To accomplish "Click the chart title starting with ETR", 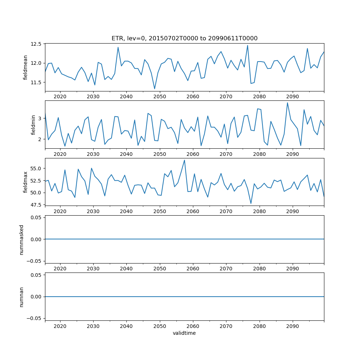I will coord(184,39).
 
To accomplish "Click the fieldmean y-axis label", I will coord(26,67).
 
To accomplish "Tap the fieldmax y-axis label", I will coord(26,182).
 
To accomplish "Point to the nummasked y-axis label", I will coord(22,239).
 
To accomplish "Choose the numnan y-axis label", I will coord(22,297).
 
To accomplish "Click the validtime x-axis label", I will coord(184,333).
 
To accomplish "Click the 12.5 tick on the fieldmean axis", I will coord(36,44).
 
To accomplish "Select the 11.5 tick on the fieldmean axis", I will coord(36,82).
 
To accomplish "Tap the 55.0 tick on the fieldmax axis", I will coord(36,168).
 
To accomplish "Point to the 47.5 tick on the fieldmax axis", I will coord(36,205).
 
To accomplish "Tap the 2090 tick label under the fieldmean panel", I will coord(292,97).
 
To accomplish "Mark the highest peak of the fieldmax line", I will coord(185,160).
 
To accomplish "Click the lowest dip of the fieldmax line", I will coord(251,204).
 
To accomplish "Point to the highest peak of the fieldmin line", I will coord(287,103).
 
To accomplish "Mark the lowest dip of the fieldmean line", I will coord(154,89).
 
